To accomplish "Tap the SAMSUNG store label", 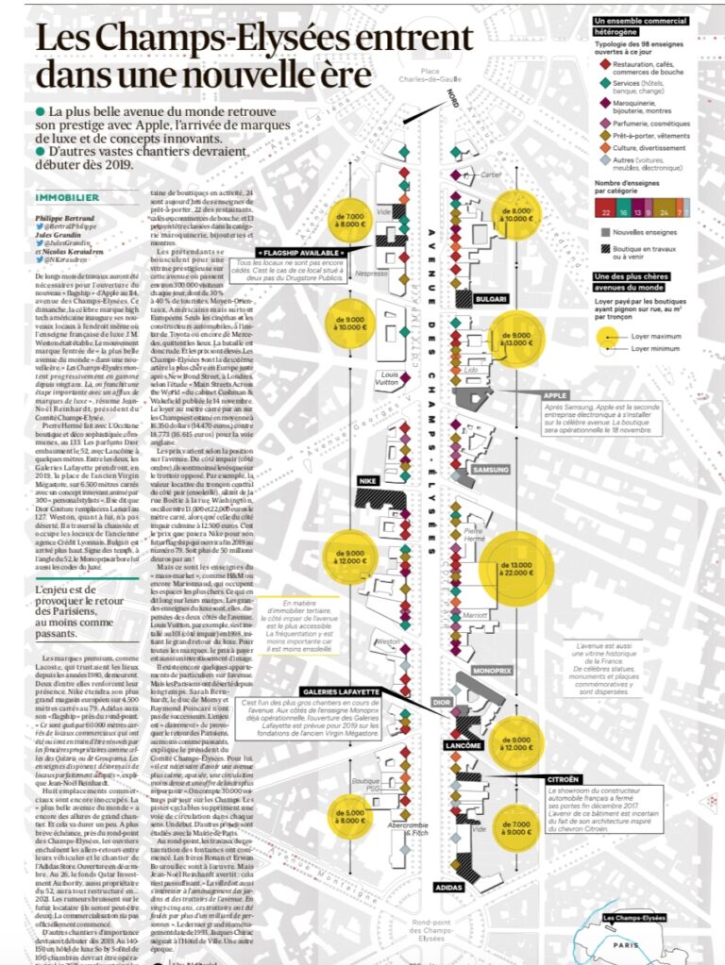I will point(491,469).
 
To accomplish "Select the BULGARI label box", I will point(493,299).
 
